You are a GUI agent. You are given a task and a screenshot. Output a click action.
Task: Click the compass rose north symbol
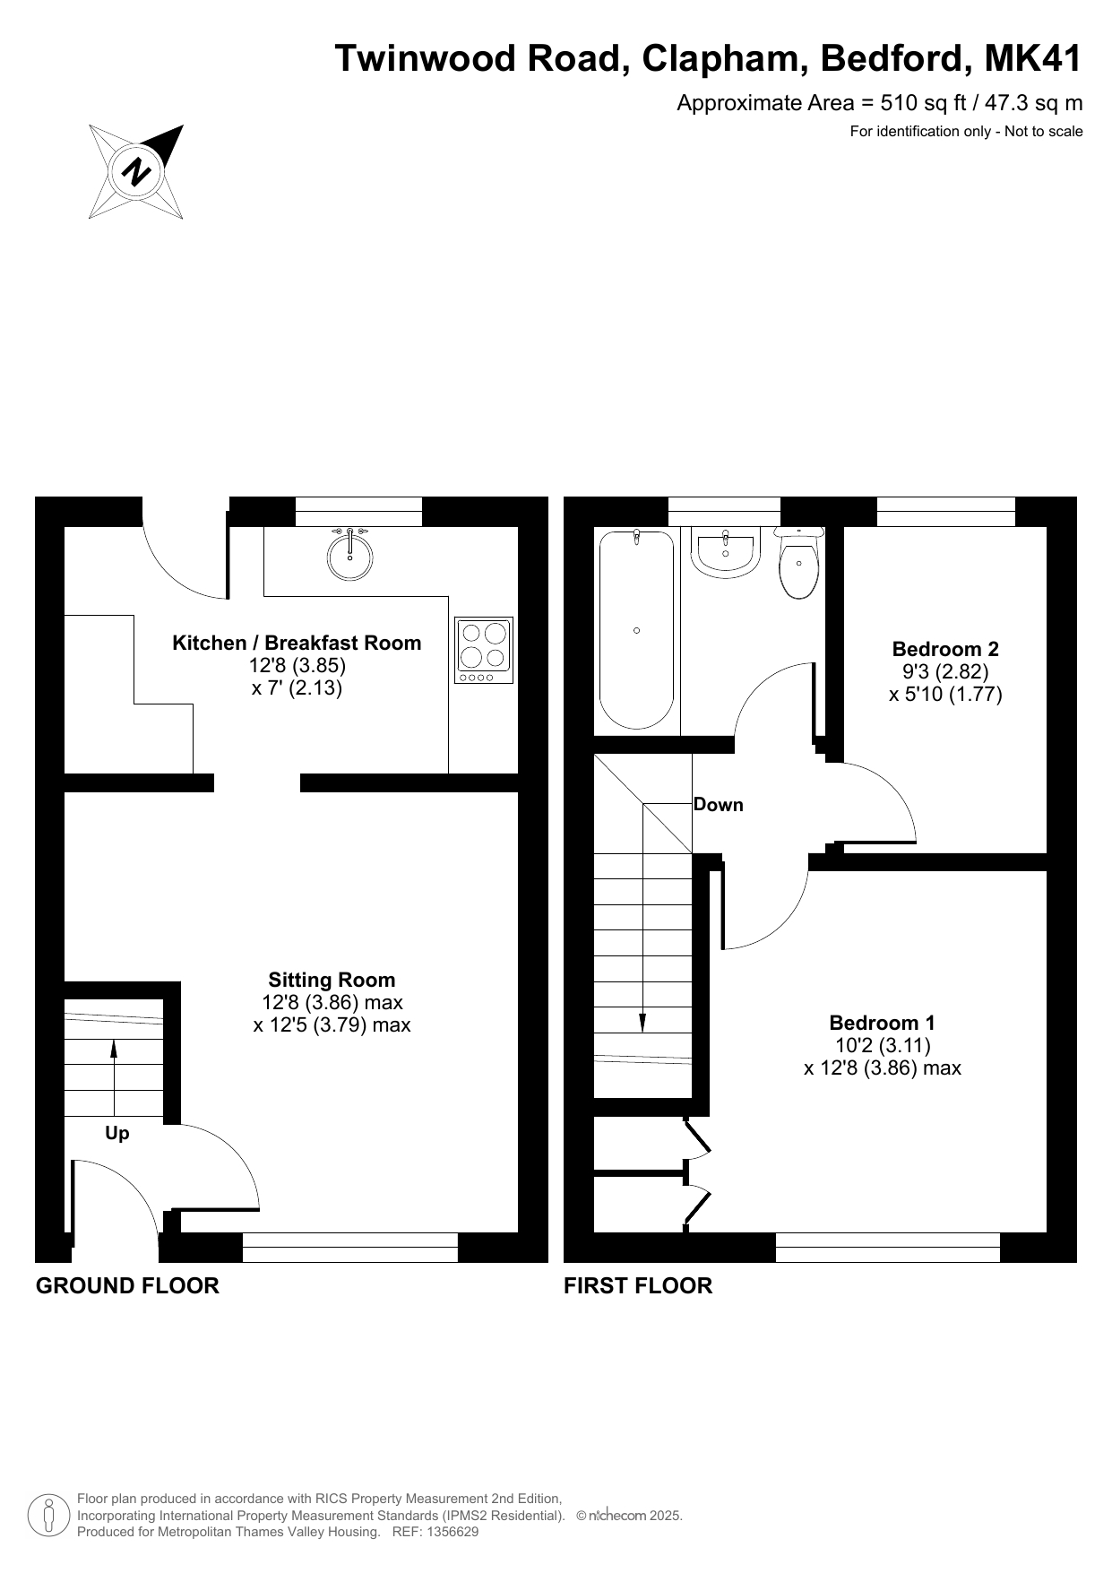(x=136, y=171)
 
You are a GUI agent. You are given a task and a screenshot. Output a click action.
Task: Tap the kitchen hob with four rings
(x=484, y=651)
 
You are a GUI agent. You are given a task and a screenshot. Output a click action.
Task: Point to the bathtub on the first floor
(x=636, y=630)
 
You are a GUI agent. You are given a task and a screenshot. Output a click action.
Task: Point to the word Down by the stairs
(x=719, y=805)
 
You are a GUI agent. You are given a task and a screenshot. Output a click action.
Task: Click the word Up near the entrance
(x=117, y=1134)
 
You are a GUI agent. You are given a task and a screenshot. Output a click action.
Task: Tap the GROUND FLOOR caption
(x=127, y=1286)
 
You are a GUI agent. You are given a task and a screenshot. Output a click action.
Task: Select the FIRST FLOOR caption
(x=638, y=1286)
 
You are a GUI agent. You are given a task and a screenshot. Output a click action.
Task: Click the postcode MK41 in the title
(x=1033, y=58)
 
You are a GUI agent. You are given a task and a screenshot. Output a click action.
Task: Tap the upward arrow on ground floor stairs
(x=114, y=1076)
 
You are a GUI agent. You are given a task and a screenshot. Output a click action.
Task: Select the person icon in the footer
(x=48, y=1515)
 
